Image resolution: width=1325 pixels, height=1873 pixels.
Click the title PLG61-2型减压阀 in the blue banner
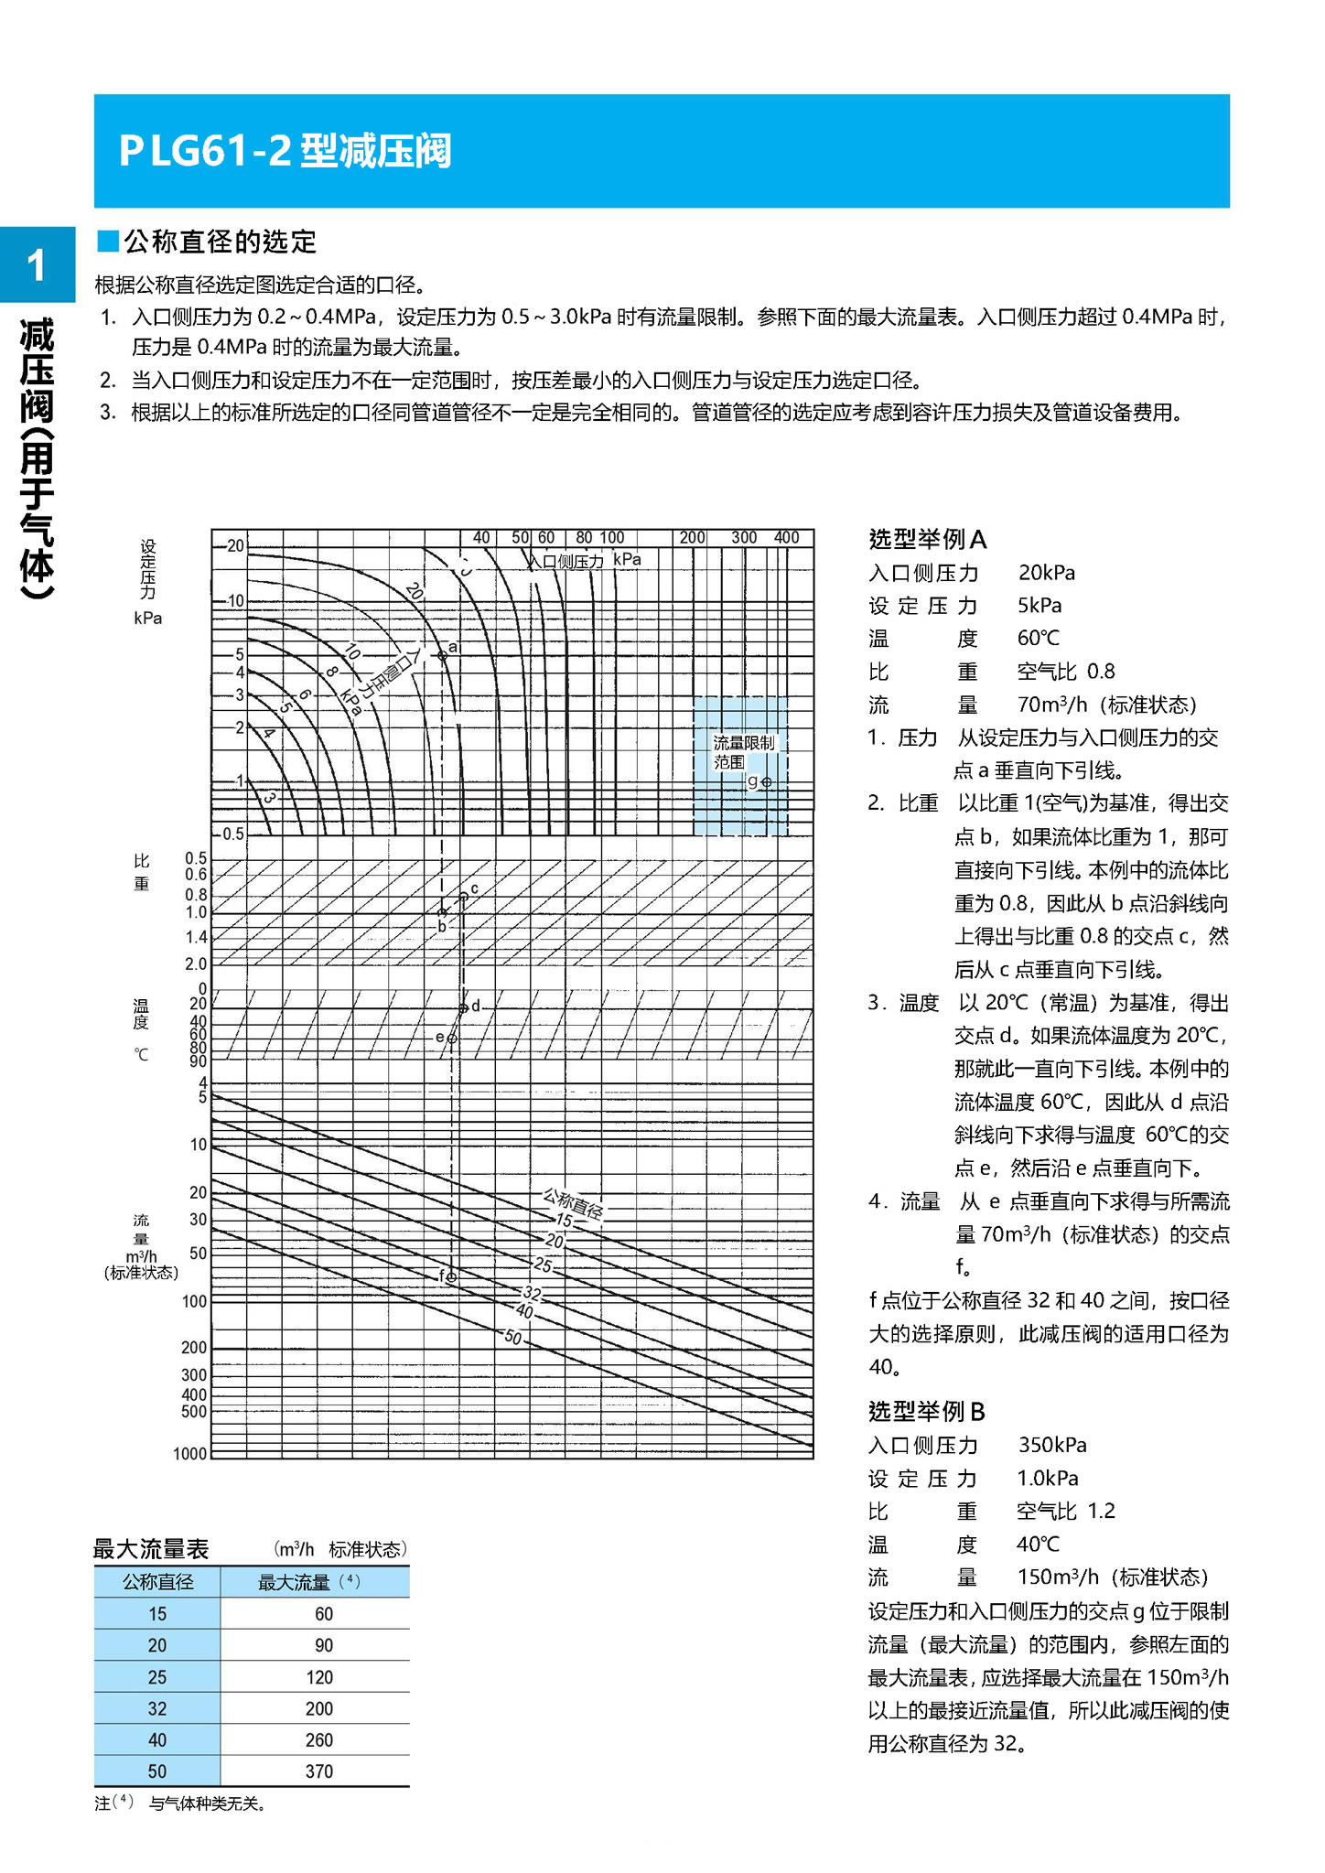[x=285, y=151]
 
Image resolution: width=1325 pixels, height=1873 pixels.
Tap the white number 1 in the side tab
[x=37, y=266]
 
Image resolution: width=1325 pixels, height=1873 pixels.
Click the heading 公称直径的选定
[x=220, y=242]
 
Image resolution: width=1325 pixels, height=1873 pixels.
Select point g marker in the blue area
[x=767, y=782]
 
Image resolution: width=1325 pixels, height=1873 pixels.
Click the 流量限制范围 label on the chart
[x=742, y=752]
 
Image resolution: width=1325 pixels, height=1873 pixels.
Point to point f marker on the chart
[x=451, y=1276]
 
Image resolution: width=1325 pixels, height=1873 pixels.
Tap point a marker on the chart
[x=442, y=655]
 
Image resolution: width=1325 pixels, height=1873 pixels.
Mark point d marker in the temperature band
[x=464, y=1007]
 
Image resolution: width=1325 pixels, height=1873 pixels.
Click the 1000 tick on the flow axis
[x=190, y=1453]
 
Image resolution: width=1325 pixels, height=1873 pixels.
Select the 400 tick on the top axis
[x=786, y=538]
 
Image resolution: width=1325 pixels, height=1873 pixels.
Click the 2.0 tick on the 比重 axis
[x=196, y=963]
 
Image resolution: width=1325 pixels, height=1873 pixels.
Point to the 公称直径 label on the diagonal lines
[x=573, y=1203]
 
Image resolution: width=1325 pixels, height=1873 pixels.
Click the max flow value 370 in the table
[x=318, y=1771]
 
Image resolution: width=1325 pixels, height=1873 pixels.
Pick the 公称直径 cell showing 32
[x=157, y=1708]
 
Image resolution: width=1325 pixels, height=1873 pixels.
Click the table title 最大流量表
[x=151, y=1549]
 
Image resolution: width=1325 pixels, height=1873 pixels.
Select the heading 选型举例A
[x=927, y=540]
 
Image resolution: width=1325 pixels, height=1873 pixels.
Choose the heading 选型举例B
[x=926, y=1412]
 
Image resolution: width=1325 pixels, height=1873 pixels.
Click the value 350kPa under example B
[x=1052, y=1445]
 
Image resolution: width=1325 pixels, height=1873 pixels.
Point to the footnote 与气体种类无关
[x=207, y=1803]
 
